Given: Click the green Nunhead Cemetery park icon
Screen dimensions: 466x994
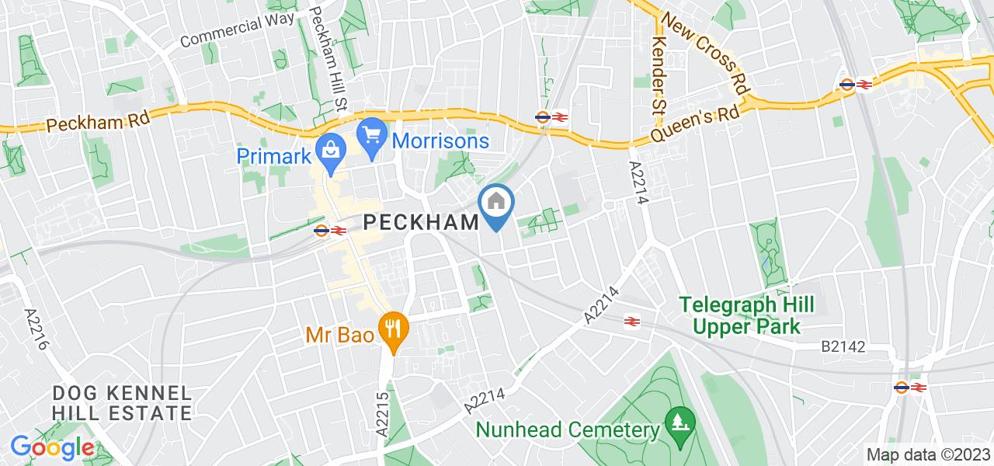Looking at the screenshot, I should [680, 425].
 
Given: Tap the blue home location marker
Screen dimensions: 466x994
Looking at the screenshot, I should [496, 204].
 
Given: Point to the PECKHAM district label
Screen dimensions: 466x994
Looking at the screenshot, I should [422, 223].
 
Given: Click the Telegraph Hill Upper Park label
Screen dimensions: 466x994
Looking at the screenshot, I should [747, 315].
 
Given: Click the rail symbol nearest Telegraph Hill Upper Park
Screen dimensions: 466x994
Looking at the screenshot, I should [632, 319].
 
